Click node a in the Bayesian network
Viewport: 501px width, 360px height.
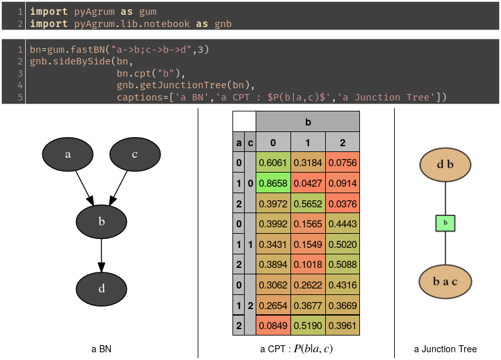[x=68, y=155]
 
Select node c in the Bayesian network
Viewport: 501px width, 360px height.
[x=135, y=155]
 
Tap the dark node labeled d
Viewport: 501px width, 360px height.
[x=101, y=289]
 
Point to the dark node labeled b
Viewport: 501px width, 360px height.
[x=101, y=222]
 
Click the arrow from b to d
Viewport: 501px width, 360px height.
[x=101, y=255]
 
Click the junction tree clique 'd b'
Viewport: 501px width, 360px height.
[x=445, y=164]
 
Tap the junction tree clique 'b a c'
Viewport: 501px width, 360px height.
[x=445, y=282]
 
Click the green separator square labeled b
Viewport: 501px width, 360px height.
[x=445, y=223]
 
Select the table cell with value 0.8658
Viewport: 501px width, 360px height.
[x=273, y=184]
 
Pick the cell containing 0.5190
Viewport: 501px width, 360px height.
[x=307, y=325]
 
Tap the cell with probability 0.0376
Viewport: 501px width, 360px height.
[x=342, y=204]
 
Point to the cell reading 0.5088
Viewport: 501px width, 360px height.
[x=342, y=265]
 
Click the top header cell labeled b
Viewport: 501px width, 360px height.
[x=307, y=121]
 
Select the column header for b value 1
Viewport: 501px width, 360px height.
[x=307, y=142]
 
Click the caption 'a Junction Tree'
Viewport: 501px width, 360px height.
[x=445, y=349]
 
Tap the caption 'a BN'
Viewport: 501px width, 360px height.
[x=101, y=349]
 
